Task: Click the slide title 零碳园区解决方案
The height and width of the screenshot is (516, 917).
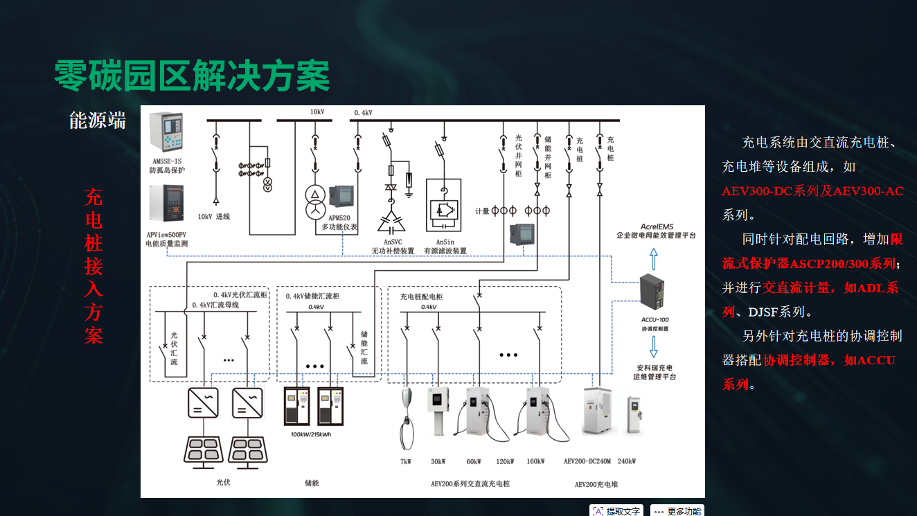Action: tap(192, 75)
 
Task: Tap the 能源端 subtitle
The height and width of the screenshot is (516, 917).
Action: tap(98, 121)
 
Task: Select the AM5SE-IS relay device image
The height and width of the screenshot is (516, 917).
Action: tap(167, 132)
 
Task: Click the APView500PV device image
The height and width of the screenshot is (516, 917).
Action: tap(166, 208)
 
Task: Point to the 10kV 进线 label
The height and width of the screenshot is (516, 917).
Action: tap(214, 216)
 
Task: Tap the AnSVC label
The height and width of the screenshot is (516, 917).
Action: tap(393, 242)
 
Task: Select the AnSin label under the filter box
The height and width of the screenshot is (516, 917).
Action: tap(445, 242)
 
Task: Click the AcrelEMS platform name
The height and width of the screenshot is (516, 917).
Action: tap(657, 226)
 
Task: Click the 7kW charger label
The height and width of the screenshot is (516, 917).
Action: tap(406, 461)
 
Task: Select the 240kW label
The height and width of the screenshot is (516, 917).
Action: tap(626, 461)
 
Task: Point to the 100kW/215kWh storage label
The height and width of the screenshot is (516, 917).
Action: tap(312, 434)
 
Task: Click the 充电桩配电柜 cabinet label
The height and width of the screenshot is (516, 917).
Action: tap(421, 296)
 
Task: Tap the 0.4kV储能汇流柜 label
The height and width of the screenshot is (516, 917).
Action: tap(313, 296)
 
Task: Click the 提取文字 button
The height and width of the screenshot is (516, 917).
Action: tap(616, 511)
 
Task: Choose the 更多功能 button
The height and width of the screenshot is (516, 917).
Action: tap(677, 511)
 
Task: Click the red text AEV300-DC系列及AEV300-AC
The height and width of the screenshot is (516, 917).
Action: tap(812, 191)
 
